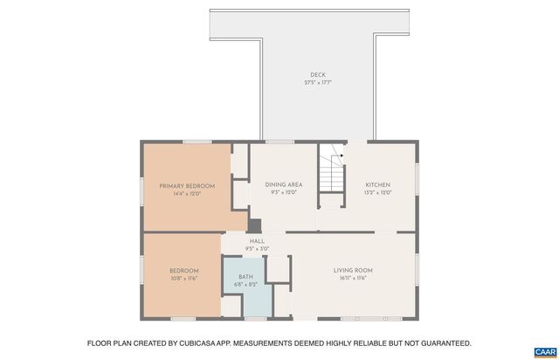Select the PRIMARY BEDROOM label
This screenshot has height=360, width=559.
[187, 185]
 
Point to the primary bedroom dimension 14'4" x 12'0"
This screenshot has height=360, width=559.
[187, 193]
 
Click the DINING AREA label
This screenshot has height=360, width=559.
[284, 184]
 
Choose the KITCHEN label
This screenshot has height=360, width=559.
[377, 184]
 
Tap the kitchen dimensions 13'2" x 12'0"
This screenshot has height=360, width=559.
[377, 192]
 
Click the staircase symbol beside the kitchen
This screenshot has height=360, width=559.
[331, 170]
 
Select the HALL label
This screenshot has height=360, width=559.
[257, 241]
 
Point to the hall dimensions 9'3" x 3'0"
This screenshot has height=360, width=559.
[257, 249]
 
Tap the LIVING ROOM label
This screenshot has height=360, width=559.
[353, 270]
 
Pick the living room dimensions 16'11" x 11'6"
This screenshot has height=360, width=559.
[353, 278]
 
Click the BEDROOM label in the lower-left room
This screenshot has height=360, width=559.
[184, 270]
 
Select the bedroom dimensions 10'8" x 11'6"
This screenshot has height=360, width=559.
[184, 278]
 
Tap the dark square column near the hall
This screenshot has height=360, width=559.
[255, 224]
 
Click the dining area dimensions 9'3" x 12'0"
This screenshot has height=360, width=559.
[284, 192]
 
